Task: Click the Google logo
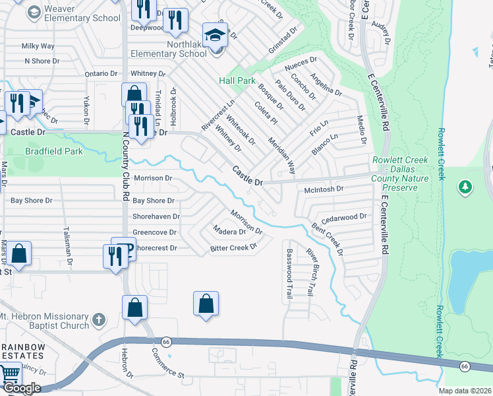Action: click(21, 388)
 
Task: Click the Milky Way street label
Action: click(38, 46)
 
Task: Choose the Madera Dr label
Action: click(229, 230)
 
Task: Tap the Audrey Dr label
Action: click(381, 31)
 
